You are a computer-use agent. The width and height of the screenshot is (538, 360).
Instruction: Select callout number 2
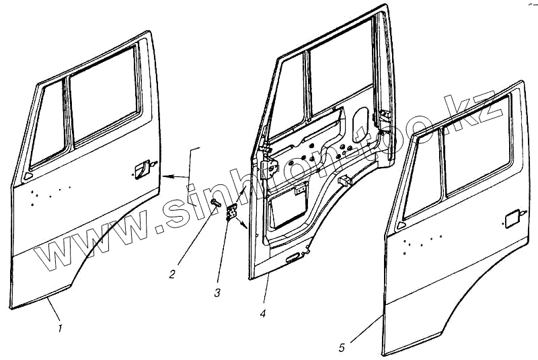point(172,273)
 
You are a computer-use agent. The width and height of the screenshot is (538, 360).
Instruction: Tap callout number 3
point(217,292)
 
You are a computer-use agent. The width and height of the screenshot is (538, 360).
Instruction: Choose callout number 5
point(342,347)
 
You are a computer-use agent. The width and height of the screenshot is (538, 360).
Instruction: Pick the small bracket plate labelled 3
point(233,213)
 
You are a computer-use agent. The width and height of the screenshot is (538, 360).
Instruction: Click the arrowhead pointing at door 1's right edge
point(167,176)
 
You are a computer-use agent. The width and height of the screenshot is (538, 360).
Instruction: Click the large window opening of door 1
point(106,94)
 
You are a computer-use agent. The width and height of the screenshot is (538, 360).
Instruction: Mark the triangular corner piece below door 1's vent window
point(28,176)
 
